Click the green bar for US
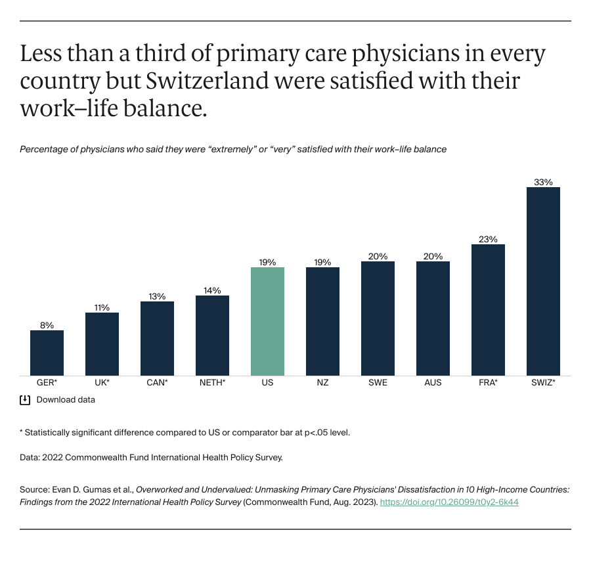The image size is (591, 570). click(x=267, y=321)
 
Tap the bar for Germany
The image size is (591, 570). click(x=47, y=353)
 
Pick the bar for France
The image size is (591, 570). click(x=488, y=310)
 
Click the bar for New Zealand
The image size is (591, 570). click(x=322, y=321)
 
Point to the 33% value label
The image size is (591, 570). click(x=543, y=182)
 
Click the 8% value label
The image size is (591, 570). click(x=47, y=325)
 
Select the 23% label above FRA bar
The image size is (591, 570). click(x=488, y=239)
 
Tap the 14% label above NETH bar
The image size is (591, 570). click(x=212, y=290)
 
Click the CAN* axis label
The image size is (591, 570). click(x=157, y=382)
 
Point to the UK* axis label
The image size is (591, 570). click(x=102, y=382)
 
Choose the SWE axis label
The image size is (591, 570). click(x=378, y=382)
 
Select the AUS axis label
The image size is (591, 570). click(x=433, y=382)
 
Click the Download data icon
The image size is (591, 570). click(x=25, y=399)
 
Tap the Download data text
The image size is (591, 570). click(x=66, y=399)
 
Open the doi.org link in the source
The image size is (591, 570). click(x=450, y=502)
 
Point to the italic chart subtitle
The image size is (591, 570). click(x=233, y=149)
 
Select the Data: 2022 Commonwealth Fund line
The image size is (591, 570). click(x=151, y=457)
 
